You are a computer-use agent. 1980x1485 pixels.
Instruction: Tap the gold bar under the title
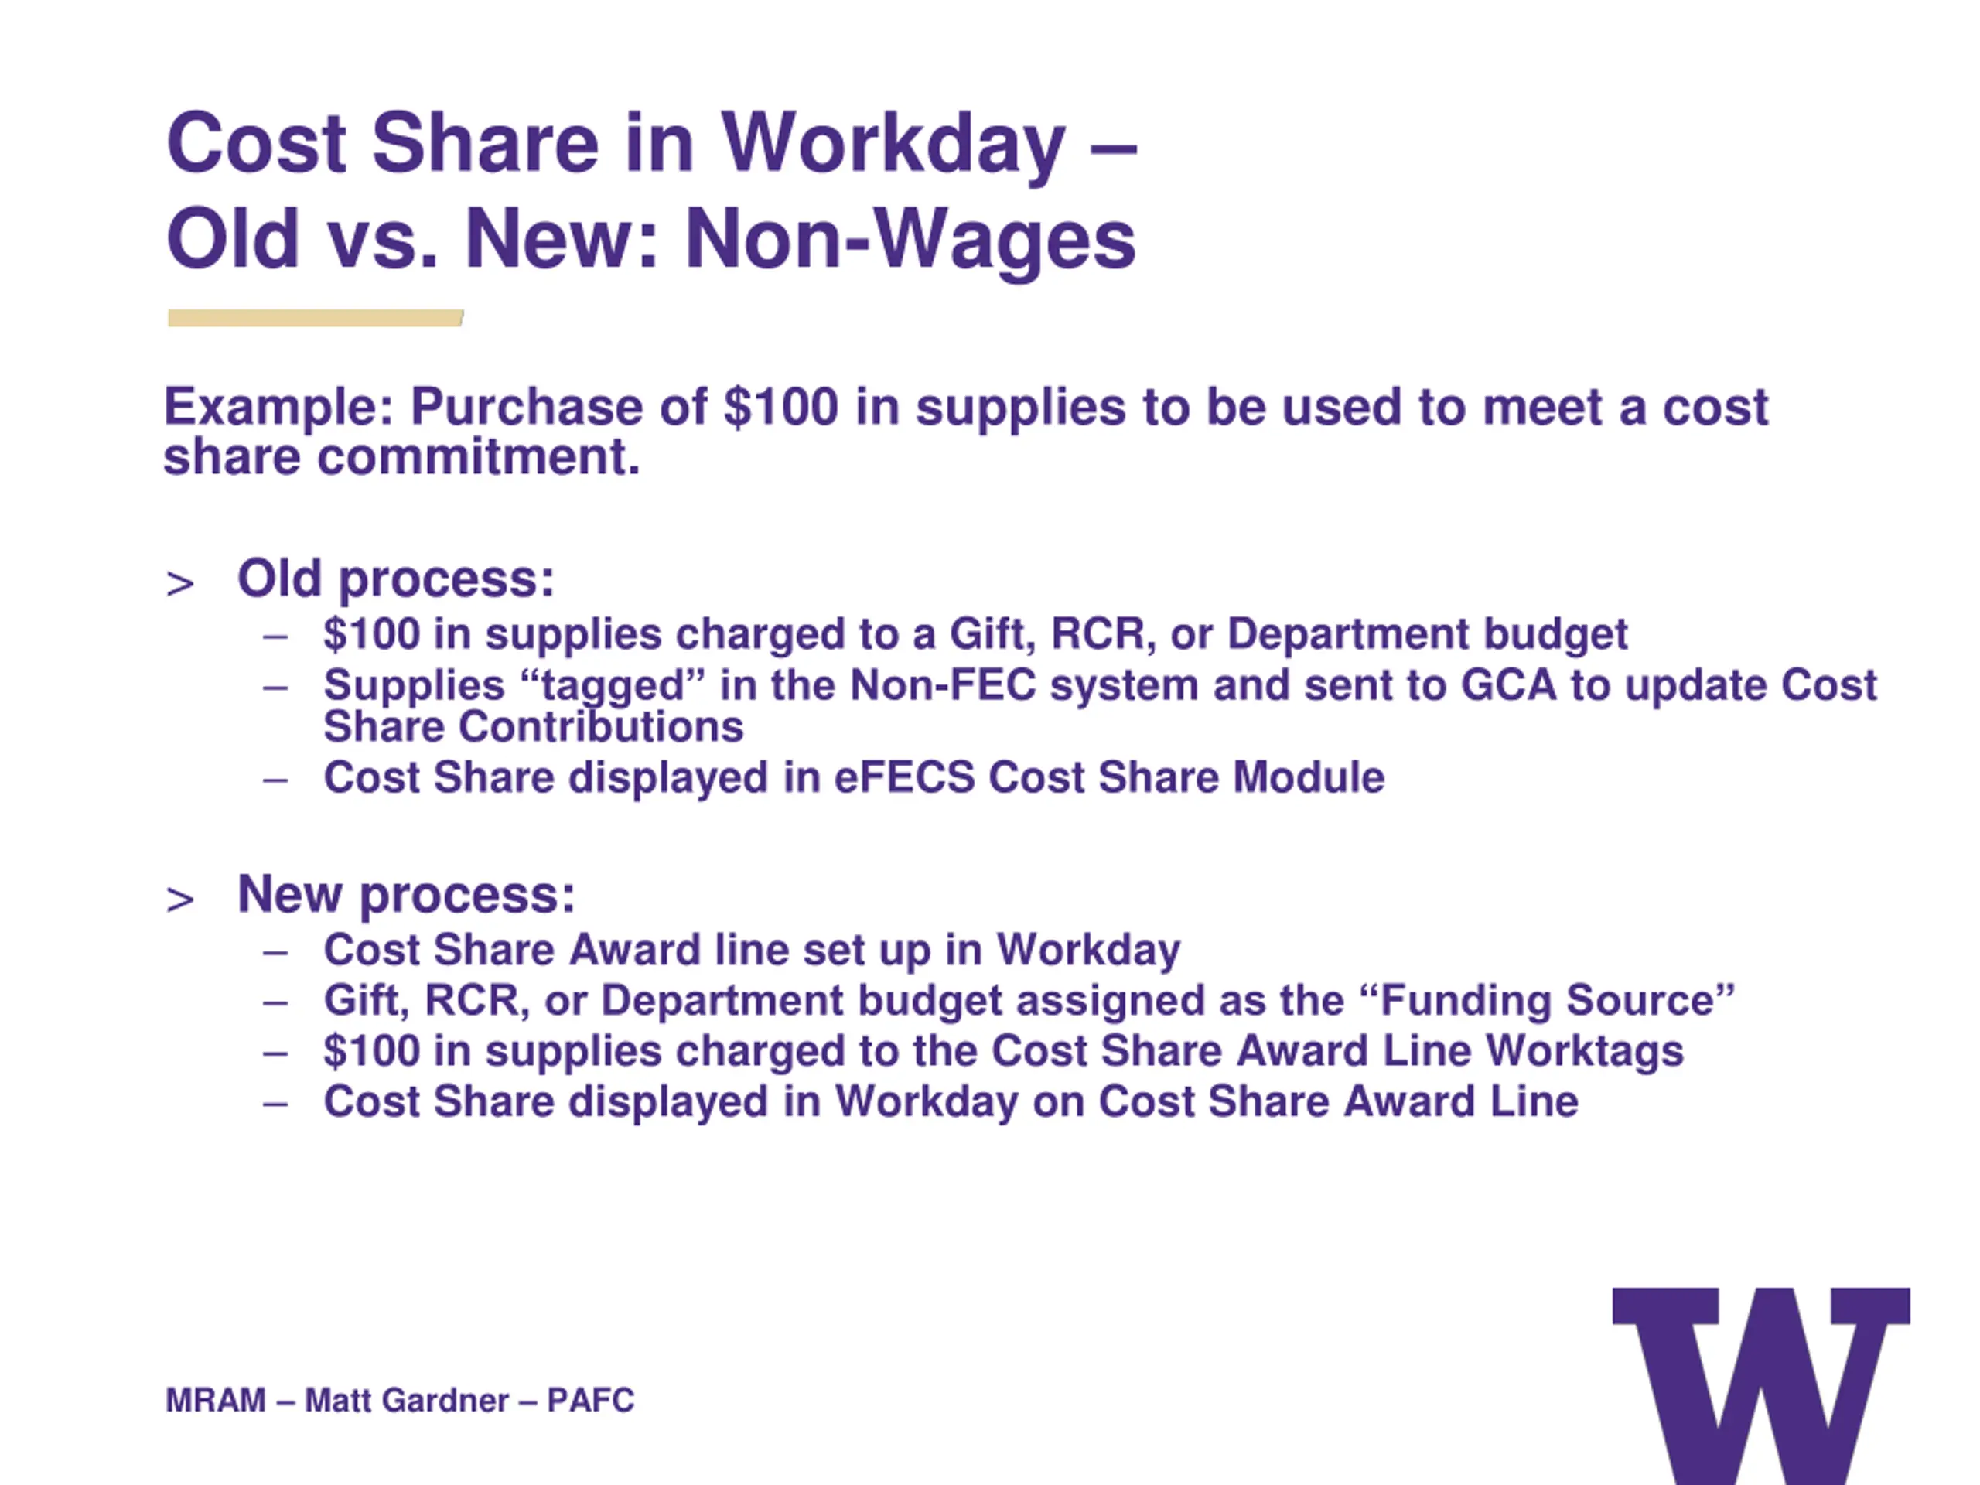315,318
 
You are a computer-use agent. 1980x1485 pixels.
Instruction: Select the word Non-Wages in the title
910,239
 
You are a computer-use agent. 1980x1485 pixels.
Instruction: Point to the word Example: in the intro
278,408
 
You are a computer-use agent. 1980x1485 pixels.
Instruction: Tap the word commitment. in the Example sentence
479,456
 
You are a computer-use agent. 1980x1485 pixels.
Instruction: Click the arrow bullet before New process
180,900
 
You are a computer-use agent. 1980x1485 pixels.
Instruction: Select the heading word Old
279,579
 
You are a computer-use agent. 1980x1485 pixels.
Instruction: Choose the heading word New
290,893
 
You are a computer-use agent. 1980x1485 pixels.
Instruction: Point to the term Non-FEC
943,686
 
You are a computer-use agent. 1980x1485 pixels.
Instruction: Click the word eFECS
904,777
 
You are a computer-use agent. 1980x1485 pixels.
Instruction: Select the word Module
1309,777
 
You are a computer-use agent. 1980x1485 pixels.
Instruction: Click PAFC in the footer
591,1400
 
